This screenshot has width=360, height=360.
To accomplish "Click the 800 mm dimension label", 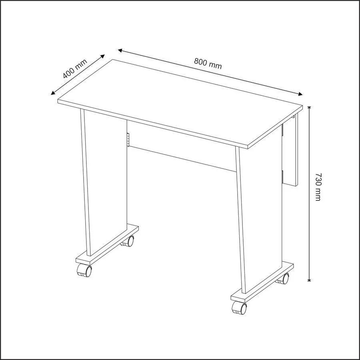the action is [208, 64].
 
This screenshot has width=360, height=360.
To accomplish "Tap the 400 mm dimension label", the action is [75, 69].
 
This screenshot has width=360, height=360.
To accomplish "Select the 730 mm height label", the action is [318, 187].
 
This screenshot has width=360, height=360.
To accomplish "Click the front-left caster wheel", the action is [84, 270].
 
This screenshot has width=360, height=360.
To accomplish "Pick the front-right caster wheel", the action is [240, 308].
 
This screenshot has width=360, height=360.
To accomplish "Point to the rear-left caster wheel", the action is [128, 241].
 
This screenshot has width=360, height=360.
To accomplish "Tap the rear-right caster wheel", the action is [283, 278].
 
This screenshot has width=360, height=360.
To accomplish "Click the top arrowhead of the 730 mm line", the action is [310, 108].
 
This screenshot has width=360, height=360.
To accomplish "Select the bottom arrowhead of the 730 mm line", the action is [310, 278].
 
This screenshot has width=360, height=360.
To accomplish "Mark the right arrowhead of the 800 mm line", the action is [300, 94].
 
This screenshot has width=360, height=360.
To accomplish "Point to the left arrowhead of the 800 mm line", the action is [120, 50].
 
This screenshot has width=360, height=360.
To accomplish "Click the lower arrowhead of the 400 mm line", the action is [53, 93].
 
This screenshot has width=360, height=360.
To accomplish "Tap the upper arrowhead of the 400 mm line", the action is [103, 56].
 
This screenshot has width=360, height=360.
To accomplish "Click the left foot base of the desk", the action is [107, 245].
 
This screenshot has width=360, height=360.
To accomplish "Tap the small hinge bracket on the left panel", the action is [128, 139].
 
